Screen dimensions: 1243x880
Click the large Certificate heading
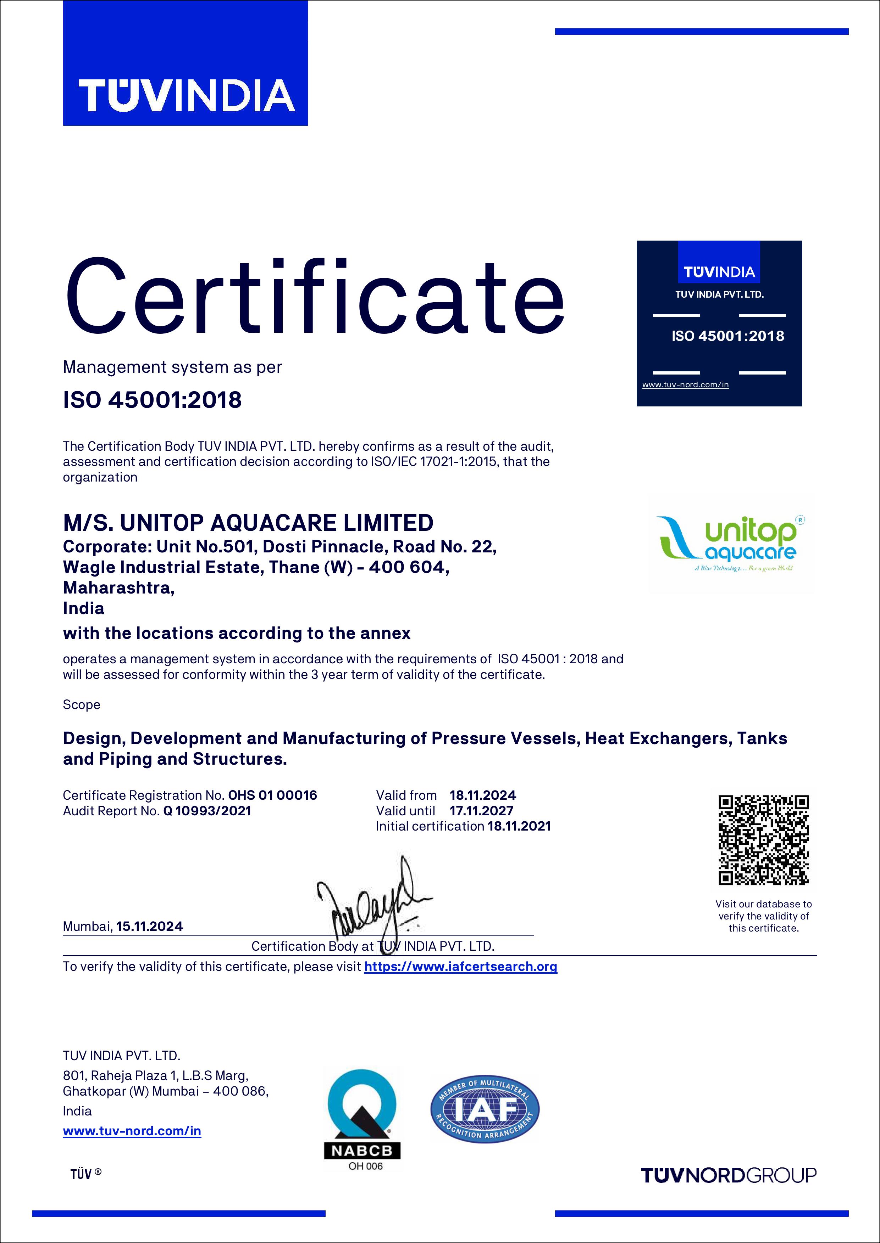click(x=314, y=298)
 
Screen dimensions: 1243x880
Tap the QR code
click(x=764, y=840)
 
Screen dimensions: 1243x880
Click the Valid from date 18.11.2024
click(x=483, y=795)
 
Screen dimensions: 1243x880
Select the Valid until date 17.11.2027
click(x=481, y=810)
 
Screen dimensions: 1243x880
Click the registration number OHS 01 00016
click(x=272, y=795)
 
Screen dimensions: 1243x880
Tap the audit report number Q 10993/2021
click(x=207, y=810)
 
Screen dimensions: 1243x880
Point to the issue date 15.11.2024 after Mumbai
click(x=150, y=926)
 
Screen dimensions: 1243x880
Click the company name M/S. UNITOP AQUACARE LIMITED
click(x=248, y=523)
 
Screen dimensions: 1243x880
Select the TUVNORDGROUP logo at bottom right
click(x=728, y=1175)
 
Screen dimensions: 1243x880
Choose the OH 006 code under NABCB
click(x=365, y=1166)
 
